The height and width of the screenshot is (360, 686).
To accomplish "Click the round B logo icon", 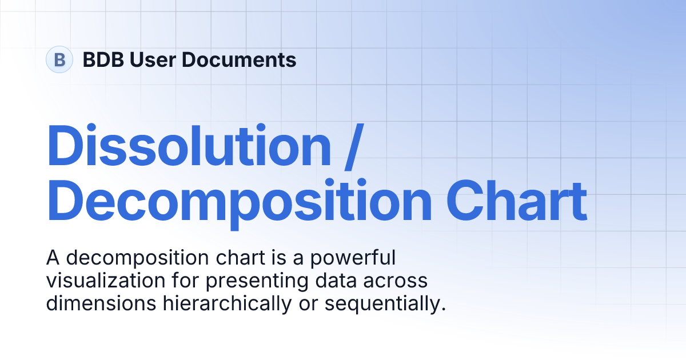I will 59,59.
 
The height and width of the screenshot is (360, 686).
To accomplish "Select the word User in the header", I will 149,59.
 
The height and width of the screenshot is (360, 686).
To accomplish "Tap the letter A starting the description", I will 53,258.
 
